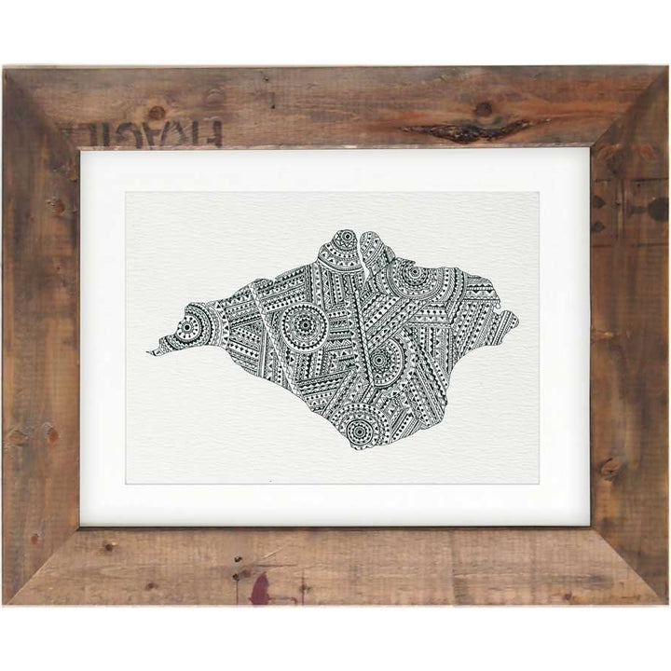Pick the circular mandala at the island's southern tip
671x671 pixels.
pyautogui.click(x=361, y=430)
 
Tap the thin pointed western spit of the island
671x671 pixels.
pyautogui.click(x=158, y=350)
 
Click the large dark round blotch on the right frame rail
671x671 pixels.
pyautogui.click(x=658, y=209)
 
